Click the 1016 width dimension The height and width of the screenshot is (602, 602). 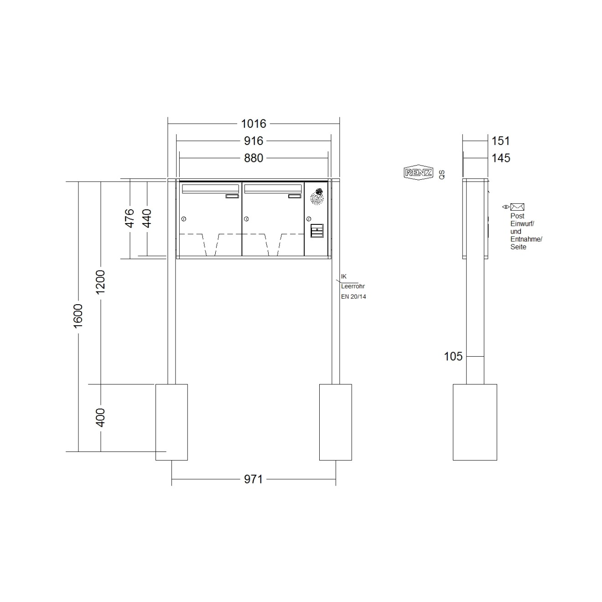254,124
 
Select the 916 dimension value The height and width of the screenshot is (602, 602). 254,141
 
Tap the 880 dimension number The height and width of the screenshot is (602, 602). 254,158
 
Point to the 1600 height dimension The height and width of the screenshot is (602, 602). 78,316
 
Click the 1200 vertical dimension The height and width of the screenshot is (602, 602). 100,282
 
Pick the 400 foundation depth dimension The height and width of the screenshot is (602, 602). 100,417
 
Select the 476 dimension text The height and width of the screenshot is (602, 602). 130,218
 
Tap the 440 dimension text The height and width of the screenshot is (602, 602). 146,218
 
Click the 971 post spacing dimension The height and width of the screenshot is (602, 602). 254,479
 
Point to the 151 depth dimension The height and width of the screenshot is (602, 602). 501,141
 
